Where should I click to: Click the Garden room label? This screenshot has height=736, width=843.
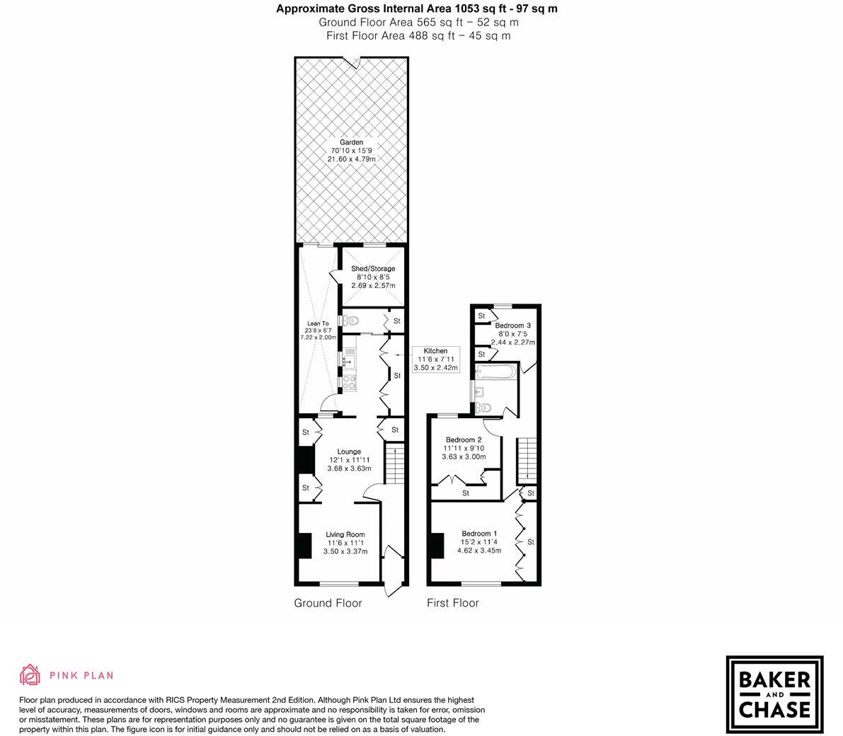351,151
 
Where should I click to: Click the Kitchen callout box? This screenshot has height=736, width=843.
435,360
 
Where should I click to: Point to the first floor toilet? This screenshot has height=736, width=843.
483,408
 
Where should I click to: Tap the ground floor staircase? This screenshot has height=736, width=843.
393,466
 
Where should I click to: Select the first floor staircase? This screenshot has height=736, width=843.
526,460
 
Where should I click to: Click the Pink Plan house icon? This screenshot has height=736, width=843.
30,675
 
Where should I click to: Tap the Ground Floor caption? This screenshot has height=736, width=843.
328,603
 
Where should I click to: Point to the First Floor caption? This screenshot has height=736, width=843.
452,603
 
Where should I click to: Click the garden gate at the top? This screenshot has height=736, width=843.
351,61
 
